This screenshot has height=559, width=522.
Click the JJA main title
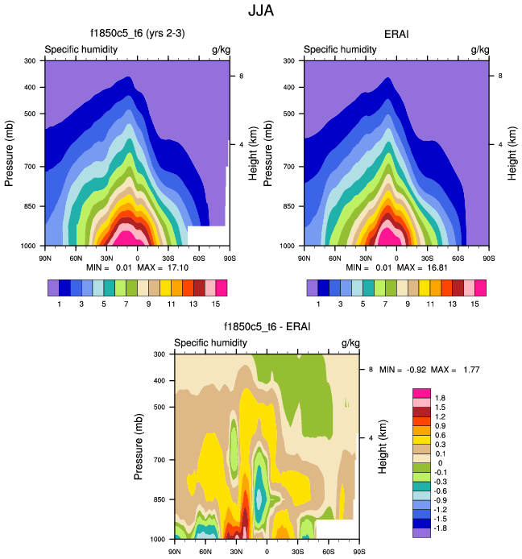[261, 12]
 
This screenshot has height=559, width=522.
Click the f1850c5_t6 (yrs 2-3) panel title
[135, 35]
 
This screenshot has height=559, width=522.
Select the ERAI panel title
[396, 35]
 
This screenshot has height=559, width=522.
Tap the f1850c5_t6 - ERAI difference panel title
[267, 328]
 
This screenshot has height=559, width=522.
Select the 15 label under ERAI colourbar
[475, 304]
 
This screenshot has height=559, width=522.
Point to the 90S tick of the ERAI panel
[488, 258]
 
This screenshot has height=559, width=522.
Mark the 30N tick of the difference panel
[236, 552]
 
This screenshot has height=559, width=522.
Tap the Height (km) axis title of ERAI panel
[513, 153]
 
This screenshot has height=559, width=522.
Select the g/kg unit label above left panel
[219, 50]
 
